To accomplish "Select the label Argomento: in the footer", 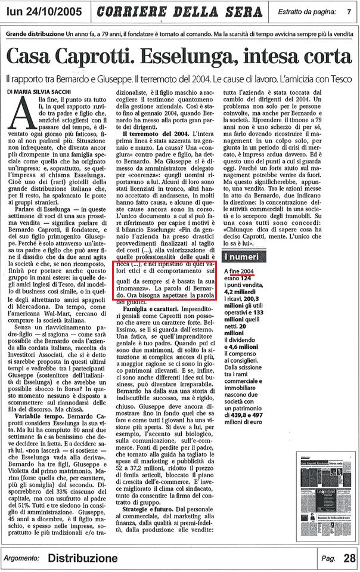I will point(21,559).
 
